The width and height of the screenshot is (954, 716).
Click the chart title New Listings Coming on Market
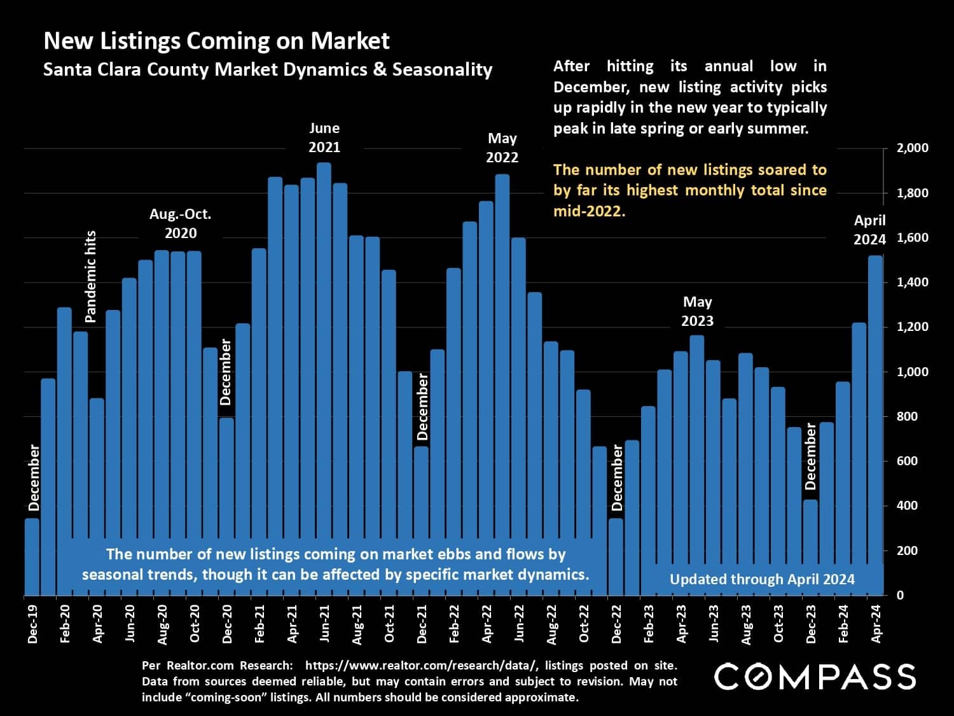click(x=216, y=41)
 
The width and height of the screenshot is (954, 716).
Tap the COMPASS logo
click(x=815, y=676)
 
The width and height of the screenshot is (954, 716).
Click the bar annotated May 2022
click(x=502, y=382)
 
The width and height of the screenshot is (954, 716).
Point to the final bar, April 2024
click(x=875, y=420)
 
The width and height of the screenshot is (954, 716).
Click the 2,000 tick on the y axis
click(x=912, y=148)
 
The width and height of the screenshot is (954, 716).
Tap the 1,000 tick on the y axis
click(x=912, y=372)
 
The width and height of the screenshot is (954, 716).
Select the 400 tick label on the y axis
click(x=907, y=506)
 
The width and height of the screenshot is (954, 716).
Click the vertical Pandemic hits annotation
click(x=90, y=276)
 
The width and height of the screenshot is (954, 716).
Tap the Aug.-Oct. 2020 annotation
click(x=181, y=223)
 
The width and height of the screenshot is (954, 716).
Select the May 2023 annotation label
click(x=697, y=311)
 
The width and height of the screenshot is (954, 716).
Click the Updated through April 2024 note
click(x=762, y=579)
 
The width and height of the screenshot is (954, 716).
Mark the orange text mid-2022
click(x=589, y=211)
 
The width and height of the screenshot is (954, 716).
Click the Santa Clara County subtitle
click(x=267, y=69)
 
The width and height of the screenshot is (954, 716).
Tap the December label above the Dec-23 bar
click(x=810, y=456)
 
